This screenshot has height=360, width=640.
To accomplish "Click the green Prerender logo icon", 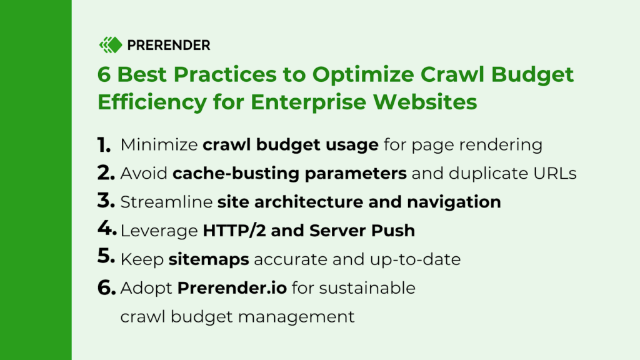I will point(110,45).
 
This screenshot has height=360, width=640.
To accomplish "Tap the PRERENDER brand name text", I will point(169,45).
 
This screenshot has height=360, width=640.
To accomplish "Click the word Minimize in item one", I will point(159,145).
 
